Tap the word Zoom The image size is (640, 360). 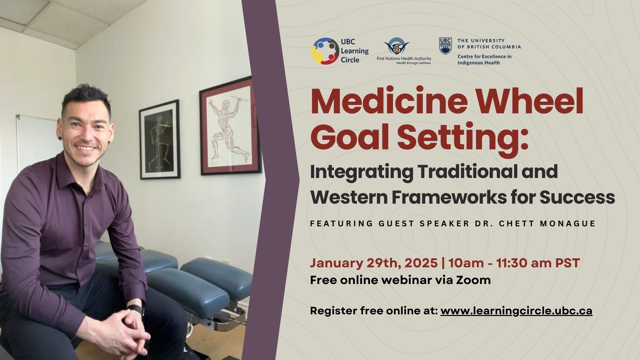473,280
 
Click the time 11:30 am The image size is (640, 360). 523,263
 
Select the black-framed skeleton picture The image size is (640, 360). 160,139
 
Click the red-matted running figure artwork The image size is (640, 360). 230,127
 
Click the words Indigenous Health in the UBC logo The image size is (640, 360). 478,63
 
